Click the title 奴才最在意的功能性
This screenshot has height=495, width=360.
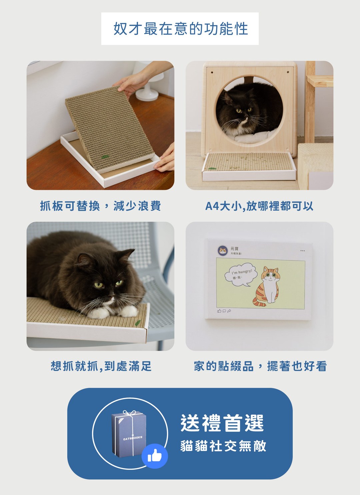180,29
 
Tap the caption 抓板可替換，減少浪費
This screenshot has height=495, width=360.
100,206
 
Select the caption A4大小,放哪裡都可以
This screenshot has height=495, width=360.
259,206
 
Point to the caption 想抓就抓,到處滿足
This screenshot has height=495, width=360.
101,366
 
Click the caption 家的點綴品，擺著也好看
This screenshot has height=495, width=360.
260,366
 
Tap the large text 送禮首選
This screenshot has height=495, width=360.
222,423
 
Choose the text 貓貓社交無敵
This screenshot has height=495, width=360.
223,446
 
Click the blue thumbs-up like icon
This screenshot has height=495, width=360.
154,456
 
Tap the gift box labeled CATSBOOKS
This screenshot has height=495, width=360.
129,435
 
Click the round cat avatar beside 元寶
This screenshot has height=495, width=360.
222,251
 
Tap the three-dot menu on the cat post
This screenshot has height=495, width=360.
302,251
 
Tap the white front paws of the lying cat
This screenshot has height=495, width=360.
113,312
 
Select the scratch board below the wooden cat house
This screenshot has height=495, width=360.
249,163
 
